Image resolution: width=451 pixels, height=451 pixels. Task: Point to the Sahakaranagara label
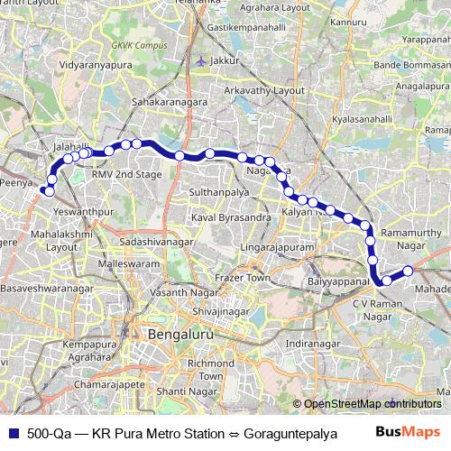point(170,103)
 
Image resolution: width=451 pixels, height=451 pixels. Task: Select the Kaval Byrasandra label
point(232,217)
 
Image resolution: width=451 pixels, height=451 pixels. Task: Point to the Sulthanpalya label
point(212,193)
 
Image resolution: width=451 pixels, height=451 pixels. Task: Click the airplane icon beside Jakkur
point(199,60)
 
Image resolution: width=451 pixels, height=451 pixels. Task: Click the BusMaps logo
point(409,431)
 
